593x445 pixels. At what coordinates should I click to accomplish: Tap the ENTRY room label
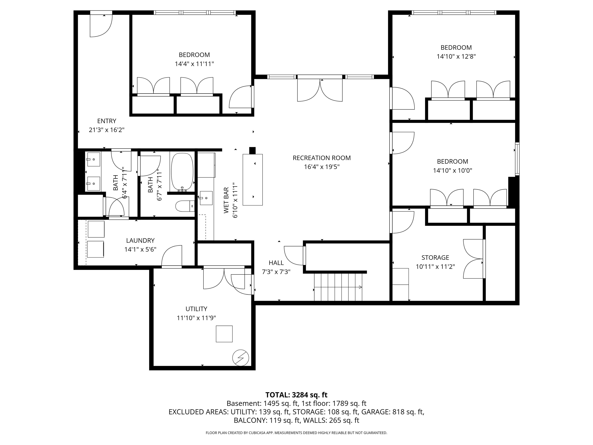click(x=107, y=121)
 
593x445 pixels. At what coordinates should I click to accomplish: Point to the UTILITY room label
click(x=196, y=309)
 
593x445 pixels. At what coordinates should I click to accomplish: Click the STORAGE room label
click(x=435, y=257)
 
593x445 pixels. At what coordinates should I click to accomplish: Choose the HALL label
click(x=276, y=263)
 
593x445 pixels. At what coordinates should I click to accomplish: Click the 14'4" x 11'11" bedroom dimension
click(x=194, y=64)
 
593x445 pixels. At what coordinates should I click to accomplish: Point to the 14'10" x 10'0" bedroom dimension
click(x=452, y=170)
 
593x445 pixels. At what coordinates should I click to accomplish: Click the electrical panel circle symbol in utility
click(x=241, y=358)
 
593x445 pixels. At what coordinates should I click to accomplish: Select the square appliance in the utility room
click(x=224, y=334)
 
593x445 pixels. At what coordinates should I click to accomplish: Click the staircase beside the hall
click(x=338, y=287)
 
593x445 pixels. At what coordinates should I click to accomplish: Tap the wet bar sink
click(x=206, y=198)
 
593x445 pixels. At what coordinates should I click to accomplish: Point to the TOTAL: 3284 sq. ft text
click(x=296, y=395)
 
